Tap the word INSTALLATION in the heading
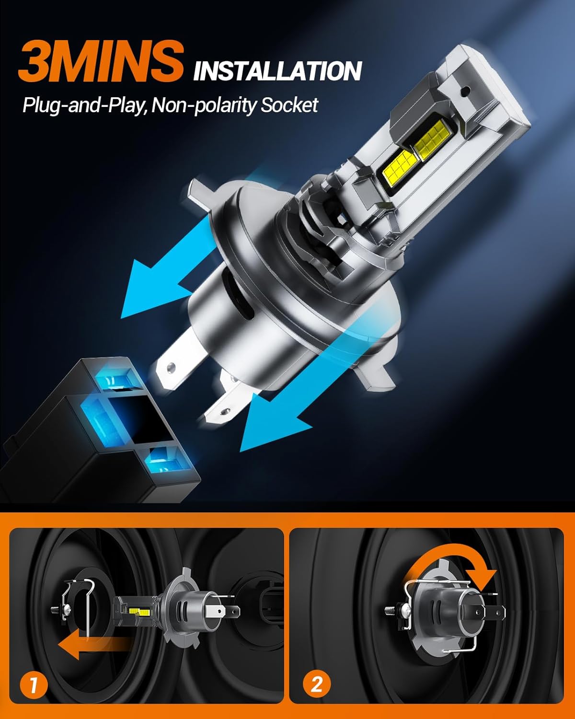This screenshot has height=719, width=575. tap(277, 71)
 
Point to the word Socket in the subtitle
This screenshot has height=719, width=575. tap(289, 105)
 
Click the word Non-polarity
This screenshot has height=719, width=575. tap(205, 105)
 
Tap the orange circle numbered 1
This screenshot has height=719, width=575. tap(34, 686)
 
